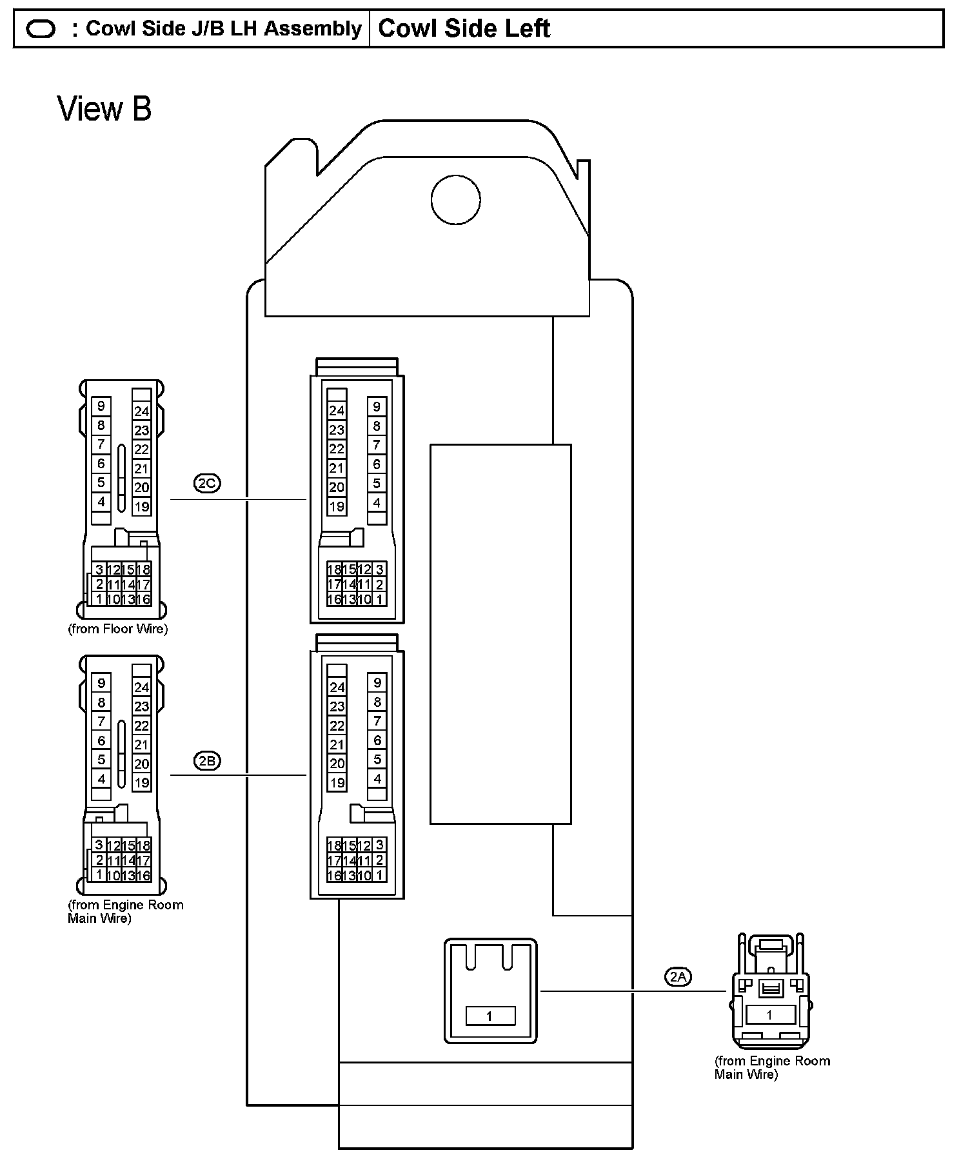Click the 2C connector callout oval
pos(207,483)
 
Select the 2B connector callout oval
pos(207,761)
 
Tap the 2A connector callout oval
pos(678,977)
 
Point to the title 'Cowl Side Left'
pos(464,28)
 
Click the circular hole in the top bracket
pos(455,199)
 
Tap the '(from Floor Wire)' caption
pos(118,629)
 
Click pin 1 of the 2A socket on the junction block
pos(490,1016)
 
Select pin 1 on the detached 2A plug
pos(769,1015)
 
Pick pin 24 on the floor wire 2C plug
pos(142,411)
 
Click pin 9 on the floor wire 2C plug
pos(101,406)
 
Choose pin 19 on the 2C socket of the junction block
pos(337,507)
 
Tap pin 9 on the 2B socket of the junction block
pos(377,683)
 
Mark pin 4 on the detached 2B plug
pos(101,778)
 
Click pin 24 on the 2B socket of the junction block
pos(337,687)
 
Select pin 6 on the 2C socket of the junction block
pos(377,464)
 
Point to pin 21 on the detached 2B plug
pos(142,745)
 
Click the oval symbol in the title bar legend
pos(41,29)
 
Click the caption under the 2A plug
pos(772,1067)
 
